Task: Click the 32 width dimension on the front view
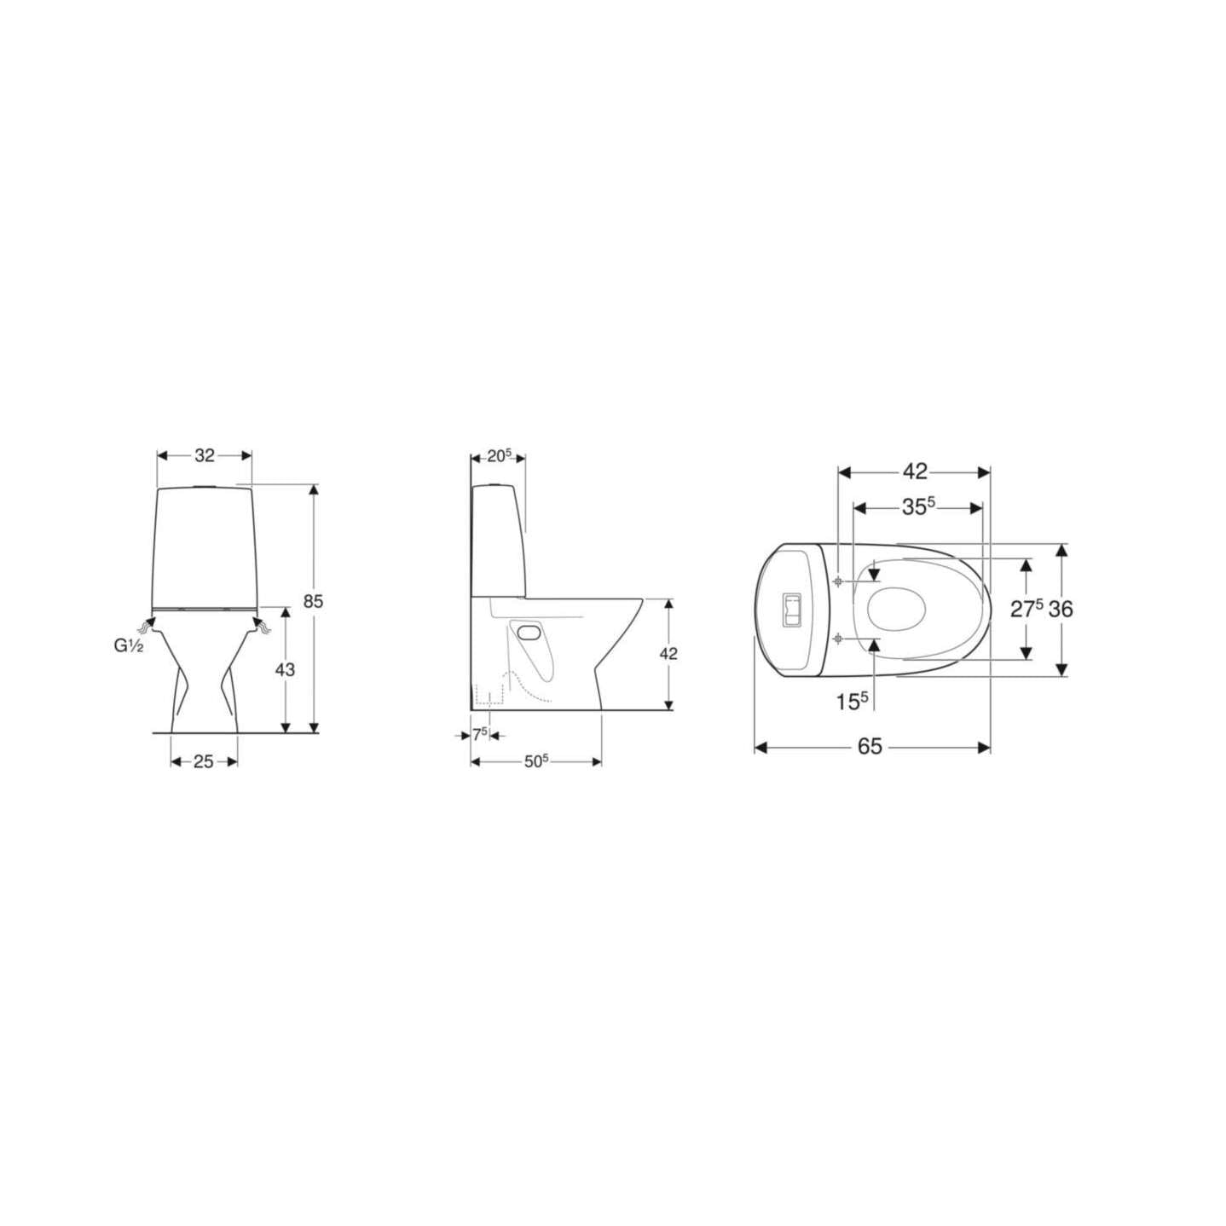[x=205, y=455]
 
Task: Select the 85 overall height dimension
[x=313, y=601]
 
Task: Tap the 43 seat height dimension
[x=286, y=670]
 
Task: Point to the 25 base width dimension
[x=204, y=761]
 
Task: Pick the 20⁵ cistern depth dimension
[x=500, y=455]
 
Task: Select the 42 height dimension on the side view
[x=668, y=653]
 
